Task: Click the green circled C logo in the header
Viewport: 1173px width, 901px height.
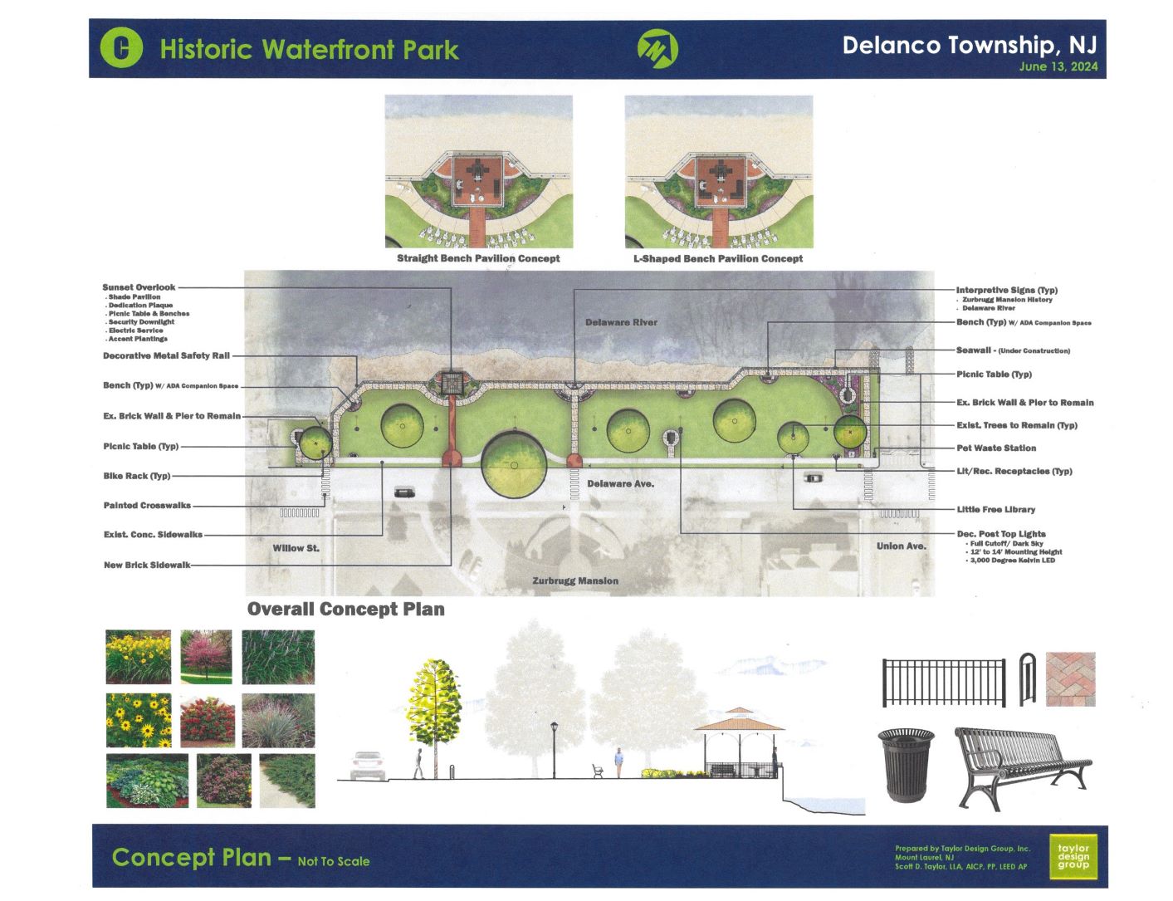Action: pos(121,47)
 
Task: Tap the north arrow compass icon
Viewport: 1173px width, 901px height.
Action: pos(657,49)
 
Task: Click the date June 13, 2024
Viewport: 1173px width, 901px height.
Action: pos(1058,66)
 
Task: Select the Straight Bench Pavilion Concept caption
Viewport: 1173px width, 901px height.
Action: pos(478,258)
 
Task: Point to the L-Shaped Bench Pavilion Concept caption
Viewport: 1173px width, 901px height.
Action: pos(718,258)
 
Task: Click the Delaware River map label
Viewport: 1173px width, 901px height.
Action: pos(621,322)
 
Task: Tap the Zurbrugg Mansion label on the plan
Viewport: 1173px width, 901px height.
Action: pos(575,580)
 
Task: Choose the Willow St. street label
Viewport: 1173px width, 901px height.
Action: pos(296,548)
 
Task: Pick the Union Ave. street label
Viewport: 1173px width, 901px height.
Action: pos(901,546)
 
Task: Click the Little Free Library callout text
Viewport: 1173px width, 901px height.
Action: pos(996,509)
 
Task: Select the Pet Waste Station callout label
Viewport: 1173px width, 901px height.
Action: pos(996,448)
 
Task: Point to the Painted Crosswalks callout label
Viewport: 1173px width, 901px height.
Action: pos(147,505)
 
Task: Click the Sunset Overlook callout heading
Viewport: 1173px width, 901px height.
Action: pos(139,287)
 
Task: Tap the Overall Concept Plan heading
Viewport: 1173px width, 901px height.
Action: pos(346,609)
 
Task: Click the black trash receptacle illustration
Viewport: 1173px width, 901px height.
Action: pos(907,765)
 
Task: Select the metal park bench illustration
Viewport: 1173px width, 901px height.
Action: pos(1022,767)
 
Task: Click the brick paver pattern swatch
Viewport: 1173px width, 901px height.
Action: pos(1070,679)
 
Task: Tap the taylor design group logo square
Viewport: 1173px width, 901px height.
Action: pos(1073,857)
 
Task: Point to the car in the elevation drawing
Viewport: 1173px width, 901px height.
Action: pos(368,765)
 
